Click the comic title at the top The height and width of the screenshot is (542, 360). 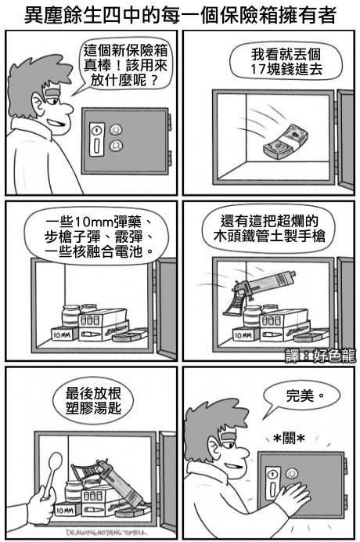[x=180, y=15]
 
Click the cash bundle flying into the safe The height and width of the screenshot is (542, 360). [x=286, y=143]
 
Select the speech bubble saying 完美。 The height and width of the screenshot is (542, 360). [x=301, y=396]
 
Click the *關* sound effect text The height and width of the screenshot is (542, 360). [x=289, y=439]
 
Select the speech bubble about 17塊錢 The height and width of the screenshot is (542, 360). [x=286, y=62]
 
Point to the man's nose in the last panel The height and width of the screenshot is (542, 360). [x=243, y=451]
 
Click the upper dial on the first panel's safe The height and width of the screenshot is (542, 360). [x=116, y=130]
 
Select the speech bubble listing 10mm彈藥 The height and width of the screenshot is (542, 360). [x=97, y=237]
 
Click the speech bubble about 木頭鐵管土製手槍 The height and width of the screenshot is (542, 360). [x=269, y=228]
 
